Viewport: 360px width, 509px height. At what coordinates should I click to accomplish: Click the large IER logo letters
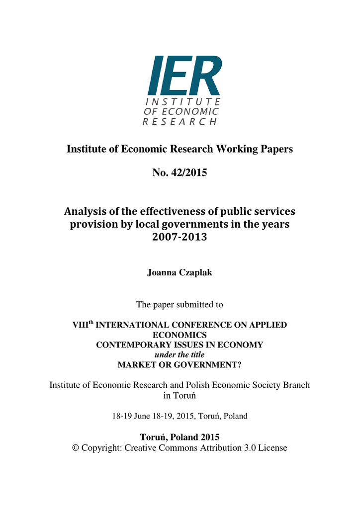184,76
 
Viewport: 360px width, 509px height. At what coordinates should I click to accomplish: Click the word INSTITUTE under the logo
181,101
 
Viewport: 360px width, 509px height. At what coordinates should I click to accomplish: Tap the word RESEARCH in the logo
180,122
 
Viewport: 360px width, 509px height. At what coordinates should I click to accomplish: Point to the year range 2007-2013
180,238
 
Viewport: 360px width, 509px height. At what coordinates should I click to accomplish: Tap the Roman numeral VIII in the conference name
80,326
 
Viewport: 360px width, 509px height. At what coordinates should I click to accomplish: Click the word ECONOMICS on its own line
180,335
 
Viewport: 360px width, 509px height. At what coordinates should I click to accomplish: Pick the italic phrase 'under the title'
180,354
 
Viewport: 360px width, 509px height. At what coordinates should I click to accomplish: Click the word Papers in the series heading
278,149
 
